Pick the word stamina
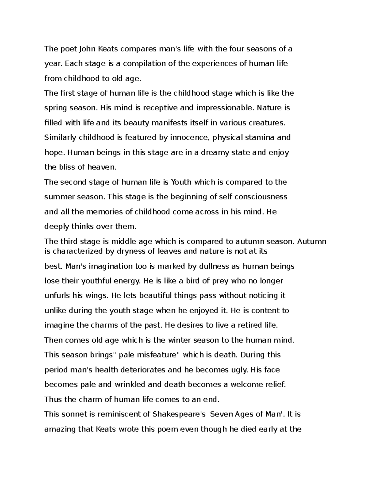(260, 137)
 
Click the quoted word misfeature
(158, 355)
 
